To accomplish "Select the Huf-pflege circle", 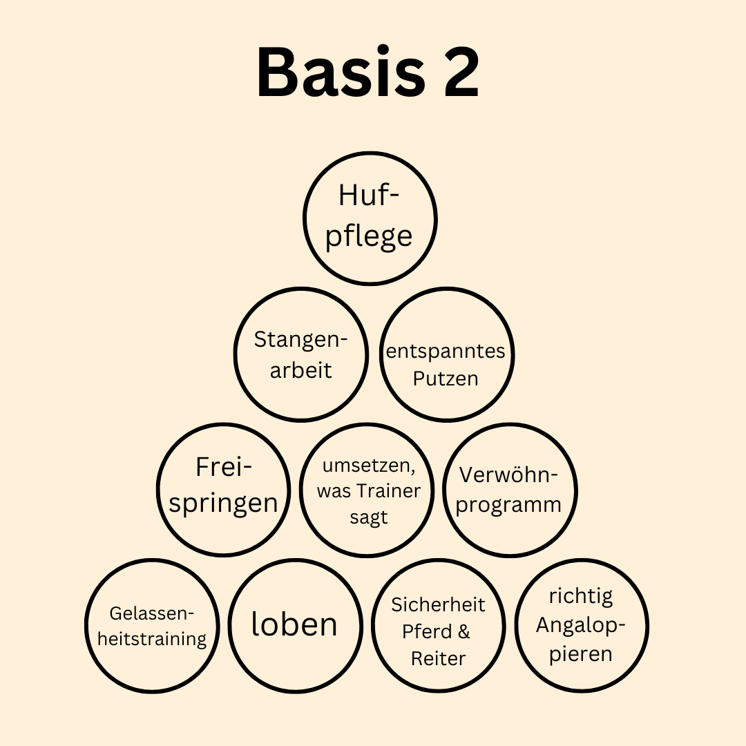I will [370, 218].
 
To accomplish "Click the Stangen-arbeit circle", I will [300, 354].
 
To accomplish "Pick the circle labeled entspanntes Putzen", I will [447, 354].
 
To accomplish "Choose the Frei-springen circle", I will [223, 489].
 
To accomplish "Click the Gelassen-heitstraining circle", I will [152, 625].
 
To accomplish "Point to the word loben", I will [294, 624].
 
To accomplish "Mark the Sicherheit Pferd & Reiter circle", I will [439, 625].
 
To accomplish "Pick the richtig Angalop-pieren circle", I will [581, 625].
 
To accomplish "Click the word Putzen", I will [446, 379].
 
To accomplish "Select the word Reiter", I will [439, 658].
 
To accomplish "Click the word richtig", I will [581, 596].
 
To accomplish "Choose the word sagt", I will [369, 517].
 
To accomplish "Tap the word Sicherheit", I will [439, 604].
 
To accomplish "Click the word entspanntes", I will [446, 352].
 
